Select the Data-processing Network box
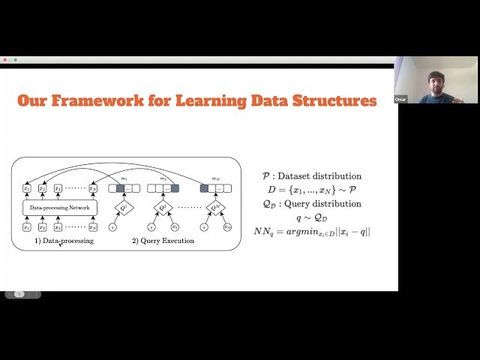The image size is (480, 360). pos(60,206)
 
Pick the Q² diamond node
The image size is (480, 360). pos(163,208)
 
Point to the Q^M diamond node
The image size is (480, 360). pos(216,208)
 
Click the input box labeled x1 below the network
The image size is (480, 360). pos(27,226)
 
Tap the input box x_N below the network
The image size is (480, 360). pos(92,226)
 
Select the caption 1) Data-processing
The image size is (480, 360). pos(64,241)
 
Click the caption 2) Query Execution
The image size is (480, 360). pos(163,241)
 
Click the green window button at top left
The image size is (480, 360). pos(15,60)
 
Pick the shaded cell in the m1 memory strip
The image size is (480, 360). pos(120,187)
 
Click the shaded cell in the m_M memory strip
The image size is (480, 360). pos(204,187)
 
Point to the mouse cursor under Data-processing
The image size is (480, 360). pos(61,245)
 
